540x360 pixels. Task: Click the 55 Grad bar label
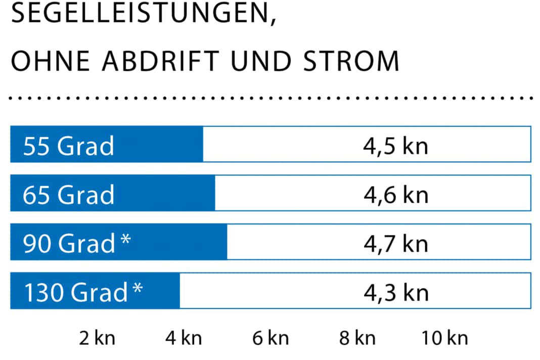pos(68,146)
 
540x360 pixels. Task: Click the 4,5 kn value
pos(395,146)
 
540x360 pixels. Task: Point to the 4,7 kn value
pos(395,244)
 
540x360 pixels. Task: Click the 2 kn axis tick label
pos(97,338)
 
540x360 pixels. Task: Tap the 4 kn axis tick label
pos(184,338)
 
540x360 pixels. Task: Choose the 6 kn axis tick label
pos(271,338)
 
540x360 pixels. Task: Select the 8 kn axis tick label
pos(357,338)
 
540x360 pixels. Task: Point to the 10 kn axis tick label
pos(445,338)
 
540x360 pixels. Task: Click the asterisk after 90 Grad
pos(125,238)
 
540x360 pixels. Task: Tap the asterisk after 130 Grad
pos(138,287)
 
